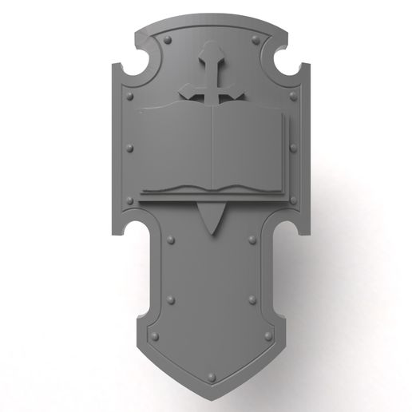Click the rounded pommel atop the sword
(x=209, y=55)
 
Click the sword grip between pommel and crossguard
(x=209, y=77)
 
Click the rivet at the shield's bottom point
(x=210, y=373)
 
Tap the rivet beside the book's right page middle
(x=292, y=147)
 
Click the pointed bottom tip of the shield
(x=210, y=392)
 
